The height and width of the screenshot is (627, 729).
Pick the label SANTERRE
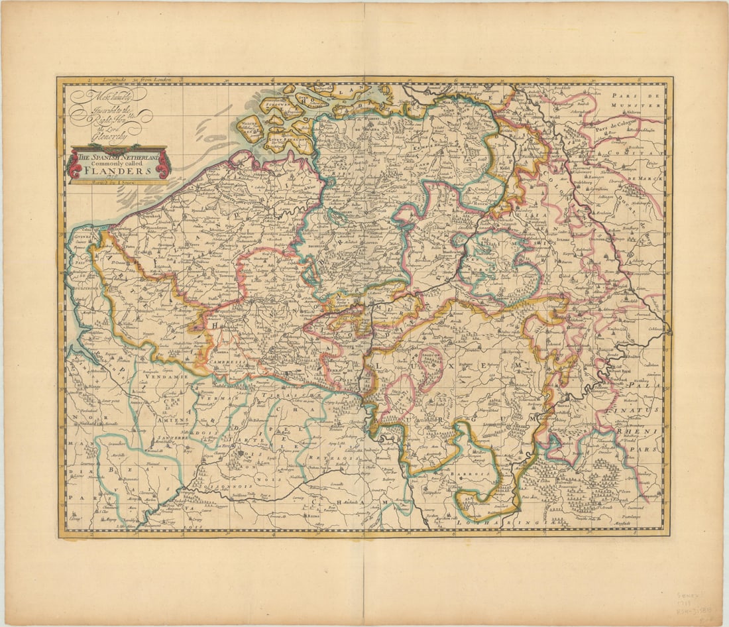pos(167,438)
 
